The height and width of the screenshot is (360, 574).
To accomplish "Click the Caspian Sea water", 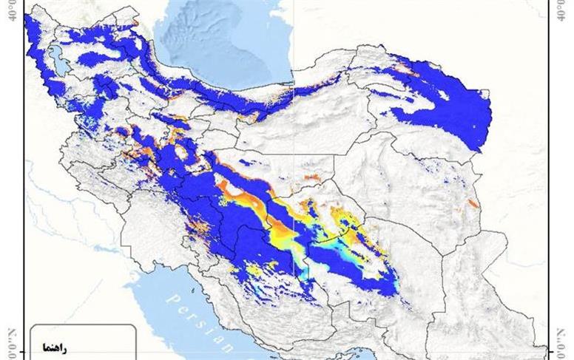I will click(222, 44).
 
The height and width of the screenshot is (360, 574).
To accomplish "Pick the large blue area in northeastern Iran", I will click(451, 103).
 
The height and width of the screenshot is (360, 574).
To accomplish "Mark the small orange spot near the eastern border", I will click(474, 202).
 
